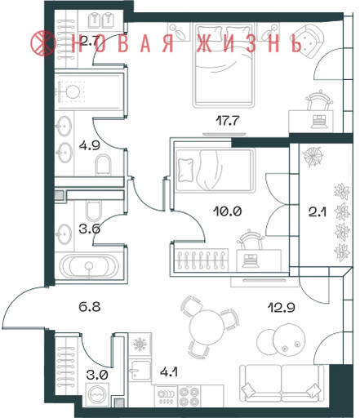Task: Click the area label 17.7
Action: pyautogui.click(x=228, y=121)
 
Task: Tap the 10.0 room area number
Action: pyautogui.click(x=228, y=211)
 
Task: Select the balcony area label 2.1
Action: pyautogui.click(x=318, y=211)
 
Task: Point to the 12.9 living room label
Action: pyautogui.click(x=282, y=308)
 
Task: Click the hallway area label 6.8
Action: pyautogui.click(x=90, y=307)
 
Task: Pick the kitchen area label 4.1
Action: pyautogui.click(x=169, y=371)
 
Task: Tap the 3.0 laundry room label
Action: pyautogui.click(x=97, y=375)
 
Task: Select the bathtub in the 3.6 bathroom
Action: pyautogui.click(x=89, y=266)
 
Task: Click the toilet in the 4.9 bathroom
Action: pyautogui.click(x=104, y=165)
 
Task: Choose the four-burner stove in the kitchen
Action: pyautogui.click(x=189, y=397)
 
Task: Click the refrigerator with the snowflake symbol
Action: pyautogui.click(x=140, y=344)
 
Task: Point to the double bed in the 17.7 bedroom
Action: pyautogui.click(x=223, y=65)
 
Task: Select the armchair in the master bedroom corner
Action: pyautogui.click(x=310, y=41)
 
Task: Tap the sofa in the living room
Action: pyautogui.click(x=282, y=384)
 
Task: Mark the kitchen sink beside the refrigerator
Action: pyautogui.click(x=140, y=370)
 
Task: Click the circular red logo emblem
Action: pyautogui.click(x=43, y=43)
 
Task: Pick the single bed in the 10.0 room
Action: pyautogui.click(x=215, y=170)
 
